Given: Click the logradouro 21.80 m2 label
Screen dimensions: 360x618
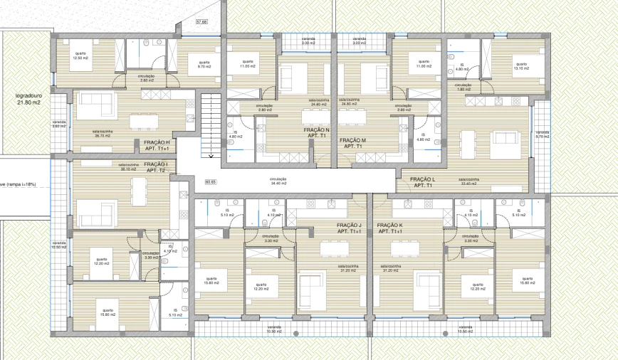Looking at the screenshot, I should point(23,99).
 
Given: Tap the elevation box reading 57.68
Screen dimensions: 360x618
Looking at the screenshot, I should point(201,22).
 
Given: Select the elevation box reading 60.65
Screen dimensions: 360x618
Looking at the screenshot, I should point(211,181).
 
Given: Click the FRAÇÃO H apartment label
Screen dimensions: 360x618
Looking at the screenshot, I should point(157,146).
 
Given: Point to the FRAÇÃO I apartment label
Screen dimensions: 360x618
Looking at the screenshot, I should point(156,167).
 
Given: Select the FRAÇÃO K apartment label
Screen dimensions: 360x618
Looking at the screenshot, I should point(392,228).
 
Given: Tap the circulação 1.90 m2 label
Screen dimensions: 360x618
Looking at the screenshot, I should point(463,87).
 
